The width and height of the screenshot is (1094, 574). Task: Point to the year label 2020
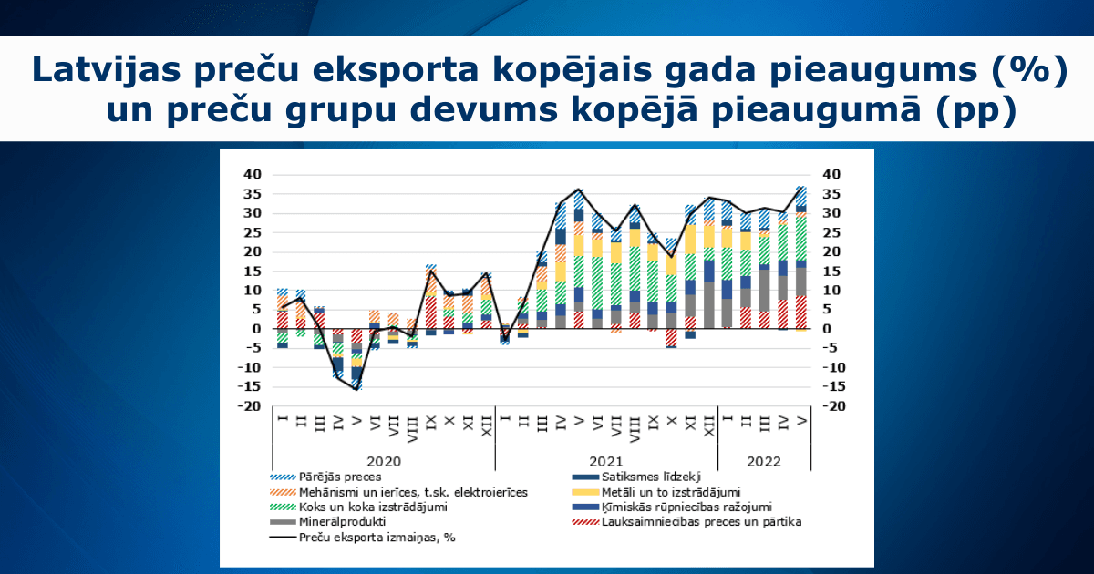point(383,461)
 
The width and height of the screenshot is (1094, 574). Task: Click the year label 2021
point(605,461)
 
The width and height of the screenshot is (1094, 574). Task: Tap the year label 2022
point(764,461)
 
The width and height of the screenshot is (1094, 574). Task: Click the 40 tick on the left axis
point(253,174)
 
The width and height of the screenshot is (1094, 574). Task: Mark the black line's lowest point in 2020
point(356,389)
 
